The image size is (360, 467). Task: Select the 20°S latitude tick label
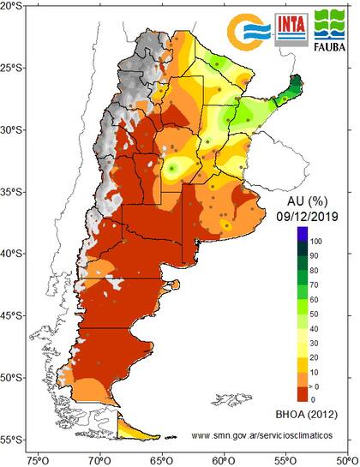point(13,6)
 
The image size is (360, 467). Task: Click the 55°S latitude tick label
point(13,440)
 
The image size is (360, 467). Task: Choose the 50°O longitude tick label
point(346,460)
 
